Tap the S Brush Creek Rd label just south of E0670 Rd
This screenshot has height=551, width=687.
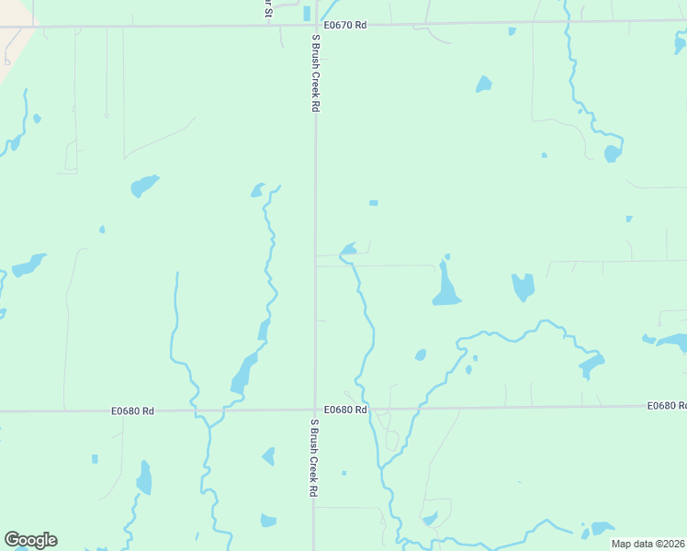point(314,73)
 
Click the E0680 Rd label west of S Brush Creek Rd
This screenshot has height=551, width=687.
point(132,410)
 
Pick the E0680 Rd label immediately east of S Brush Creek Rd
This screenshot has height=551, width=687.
point(346,410)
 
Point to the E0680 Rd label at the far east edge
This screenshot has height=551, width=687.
point(666,405)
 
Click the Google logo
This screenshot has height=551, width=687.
point(30,540)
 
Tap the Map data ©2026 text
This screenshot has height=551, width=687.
point(648,544)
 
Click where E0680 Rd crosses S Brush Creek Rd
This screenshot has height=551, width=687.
point(315,410)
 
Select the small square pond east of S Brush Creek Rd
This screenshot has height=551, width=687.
point(373,202)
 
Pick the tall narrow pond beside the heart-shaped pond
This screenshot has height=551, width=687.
point(445,285)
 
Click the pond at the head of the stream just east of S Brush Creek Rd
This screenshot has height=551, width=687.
point(349,248)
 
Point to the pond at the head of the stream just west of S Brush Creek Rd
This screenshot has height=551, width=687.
point(259,190)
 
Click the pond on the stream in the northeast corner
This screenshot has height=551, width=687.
point(613,152)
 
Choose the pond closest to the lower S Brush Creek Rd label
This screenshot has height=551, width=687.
point(269,455)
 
